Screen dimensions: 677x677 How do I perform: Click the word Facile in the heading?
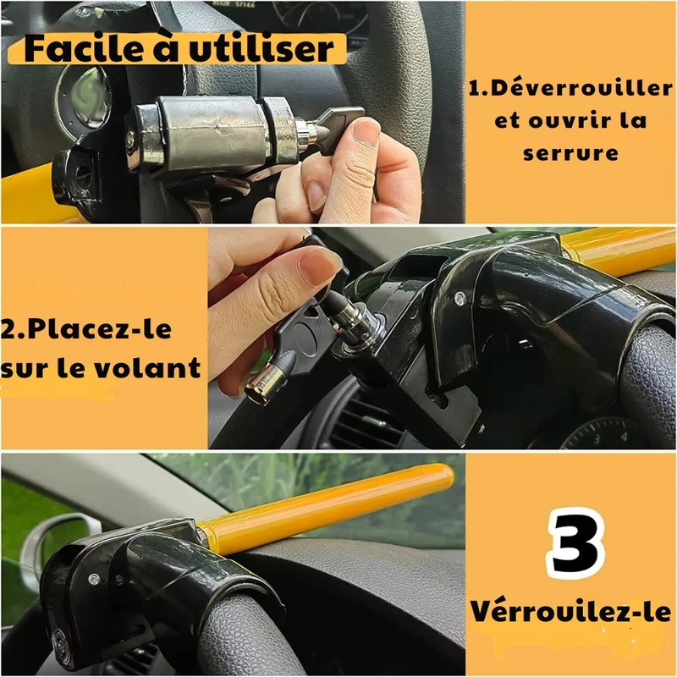tap(80, 49)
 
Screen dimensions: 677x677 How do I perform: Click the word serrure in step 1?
tap(570, 153)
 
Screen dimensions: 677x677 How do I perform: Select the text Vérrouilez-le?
tap(570, 611)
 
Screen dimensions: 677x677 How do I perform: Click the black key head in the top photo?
tap(341, 129)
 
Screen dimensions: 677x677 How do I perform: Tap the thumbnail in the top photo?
tap(365, 133)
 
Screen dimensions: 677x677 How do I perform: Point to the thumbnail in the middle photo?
tap(317, 265)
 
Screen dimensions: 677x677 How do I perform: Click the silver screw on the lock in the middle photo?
tap(460, 298)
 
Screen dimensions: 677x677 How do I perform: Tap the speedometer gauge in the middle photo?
tap(604, 433)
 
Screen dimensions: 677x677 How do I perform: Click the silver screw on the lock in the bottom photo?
tap(94, 580)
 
